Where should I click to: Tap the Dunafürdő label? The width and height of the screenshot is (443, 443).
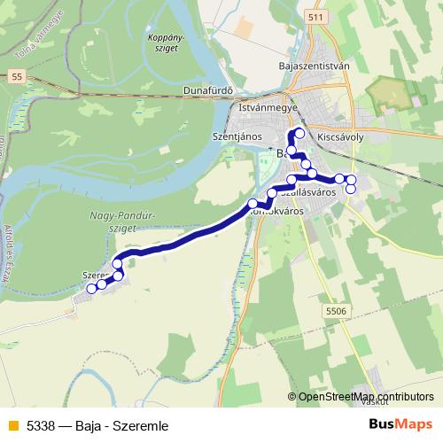[x=208, y=90]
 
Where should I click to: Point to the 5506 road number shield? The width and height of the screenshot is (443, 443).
[x=334, y=312]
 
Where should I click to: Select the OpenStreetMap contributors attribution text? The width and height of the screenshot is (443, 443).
[x=366, y=397]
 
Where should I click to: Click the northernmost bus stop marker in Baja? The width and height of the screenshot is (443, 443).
[x=299, y=134]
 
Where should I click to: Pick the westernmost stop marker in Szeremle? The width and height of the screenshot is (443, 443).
[x=91, y=289]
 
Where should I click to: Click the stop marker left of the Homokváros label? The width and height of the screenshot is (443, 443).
[x=253, y=211]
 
